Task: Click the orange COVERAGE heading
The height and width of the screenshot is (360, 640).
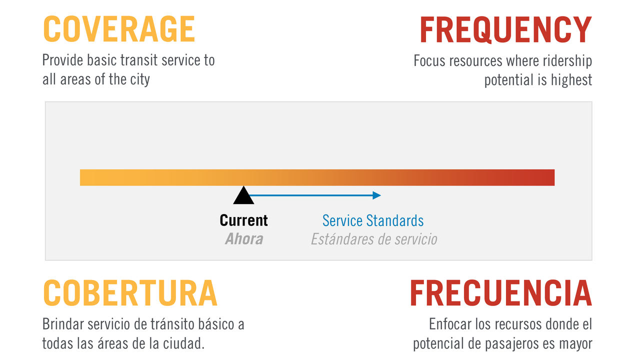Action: [x=119, y=29]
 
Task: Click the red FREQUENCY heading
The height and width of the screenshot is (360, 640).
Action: [x=505, y=29]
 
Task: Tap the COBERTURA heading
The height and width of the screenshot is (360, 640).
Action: [x=130, y=293]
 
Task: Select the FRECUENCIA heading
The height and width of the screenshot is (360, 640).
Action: [x=501, y=293]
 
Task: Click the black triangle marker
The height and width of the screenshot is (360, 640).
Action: [x=243, y=195]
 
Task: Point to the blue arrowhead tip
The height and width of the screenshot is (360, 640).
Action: [x=381, y=195]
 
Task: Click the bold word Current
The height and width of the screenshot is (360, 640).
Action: [x=243, y=220]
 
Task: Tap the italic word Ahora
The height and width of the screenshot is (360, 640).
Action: [x=244, y=239]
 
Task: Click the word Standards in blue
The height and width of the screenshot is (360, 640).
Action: [x=395, y=220]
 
